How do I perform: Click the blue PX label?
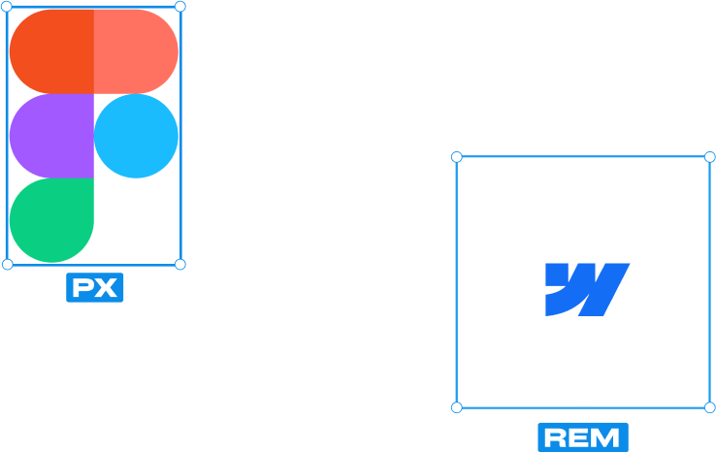95,288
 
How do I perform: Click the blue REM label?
583,437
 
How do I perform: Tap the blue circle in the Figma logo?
137,136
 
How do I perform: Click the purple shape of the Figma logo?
50,136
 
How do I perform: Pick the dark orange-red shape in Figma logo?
50,51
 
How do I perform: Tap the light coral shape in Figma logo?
137,51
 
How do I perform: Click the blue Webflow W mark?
586,289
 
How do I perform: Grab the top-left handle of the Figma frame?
8,7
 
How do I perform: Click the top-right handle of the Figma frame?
179,7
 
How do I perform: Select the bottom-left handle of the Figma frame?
8,264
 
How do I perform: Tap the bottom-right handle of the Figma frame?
179,264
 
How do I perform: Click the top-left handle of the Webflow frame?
457,156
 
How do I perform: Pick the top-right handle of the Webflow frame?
709,156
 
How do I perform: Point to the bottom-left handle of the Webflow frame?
457,407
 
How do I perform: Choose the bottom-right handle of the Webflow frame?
709,407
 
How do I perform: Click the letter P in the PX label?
83,288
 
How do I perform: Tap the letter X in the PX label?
106,288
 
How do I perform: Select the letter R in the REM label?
557,437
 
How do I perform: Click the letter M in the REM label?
606,437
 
